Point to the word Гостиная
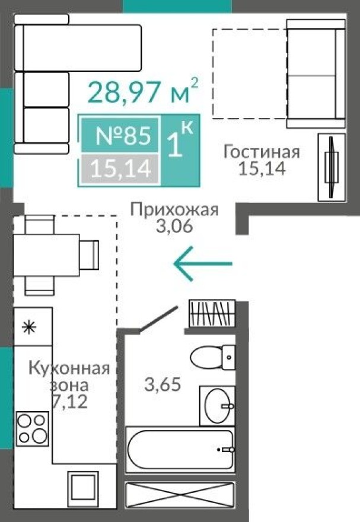(x=261, y=152)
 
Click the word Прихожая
(x=174, y=209)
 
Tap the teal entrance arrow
(x=202, y=263)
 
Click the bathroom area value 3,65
(x=163, y=384)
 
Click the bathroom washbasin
(x=216, y=406)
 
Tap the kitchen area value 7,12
(x=70, y=403)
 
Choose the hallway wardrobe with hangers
(x=212, y=313)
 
